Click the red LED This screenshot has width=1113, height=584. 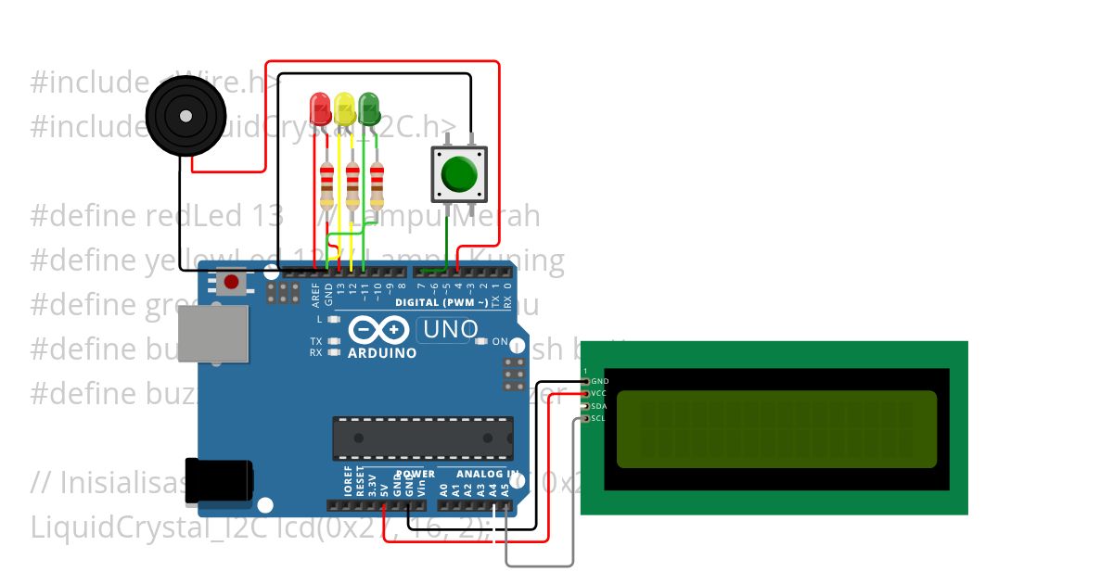(320, 108)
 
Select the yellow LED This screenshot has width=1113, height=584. (345, 108)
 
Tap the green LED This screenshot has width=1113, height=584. (369, 108)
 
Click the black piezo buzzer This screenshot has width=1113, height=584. (185, 117)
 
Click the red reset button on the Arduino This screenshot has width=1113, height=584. (231, 281)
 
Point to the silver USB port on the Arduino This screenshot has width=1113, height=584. (213, 333)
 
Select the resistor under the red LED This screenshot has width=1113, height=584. (326, 185)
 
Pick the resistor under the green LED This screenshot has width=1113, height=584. (377, 185)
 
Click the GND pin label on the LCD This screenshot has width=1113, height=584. (600, 381)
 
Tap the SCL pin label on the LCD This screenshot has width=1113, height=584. (599, 418)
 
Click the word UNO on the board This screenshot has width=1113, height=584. (450, 328)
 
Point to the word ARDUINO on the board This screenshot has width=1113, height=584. (382, 353)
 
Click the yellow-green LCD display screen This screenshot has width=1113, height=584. (776, 429)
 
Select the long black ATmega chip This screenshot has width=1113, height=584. (423, 438)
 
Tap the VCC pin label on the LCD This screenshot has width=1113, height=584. (599, 393)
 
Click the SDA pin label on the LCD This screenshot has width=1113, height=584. (599, 406)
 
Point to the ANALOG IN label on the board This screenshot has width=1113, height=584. (487, 474)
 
